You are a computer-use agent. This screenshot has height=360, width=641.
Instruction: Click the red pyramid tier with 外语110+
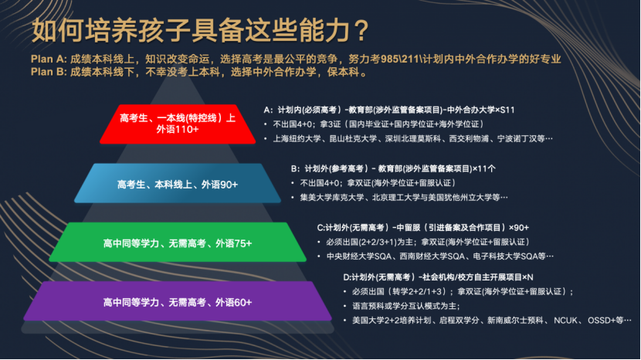pos(178,124)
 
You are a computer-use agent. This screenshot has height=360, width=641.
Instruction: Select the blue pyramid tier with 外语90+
pos(178,183)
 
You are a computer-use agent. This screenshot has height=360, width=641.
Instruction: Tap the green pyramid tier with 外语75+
pos(178,242)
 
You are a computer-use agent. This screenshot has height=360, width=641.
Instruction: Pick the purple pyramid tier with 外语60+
pos(178,301)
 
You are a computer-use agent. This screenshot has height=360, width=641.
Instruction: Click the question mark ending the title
pos(361,30)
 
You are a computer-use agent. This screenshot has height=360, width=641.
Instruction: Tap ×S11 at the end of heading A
pos(505,110)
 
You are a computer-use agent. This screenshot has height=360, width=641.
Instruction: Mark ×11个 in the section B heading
pos(484,168)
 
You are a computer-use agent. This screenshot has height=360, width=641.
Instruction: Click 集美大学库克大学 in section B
pos(332,198)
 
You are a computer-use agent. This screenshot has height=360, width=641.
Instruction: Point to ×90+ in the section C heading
pos(519,227)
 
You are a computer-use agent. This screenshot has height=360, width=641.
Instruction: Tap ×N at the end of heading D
pos(527,277)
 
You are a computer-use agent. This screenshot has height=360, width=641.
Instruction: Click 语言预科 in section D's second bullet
pos(368,306)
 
